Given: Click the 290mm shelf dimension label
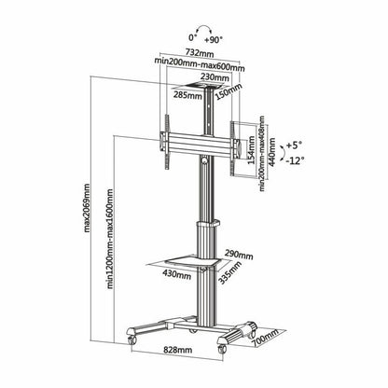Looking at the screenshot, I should pos(236,254).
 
